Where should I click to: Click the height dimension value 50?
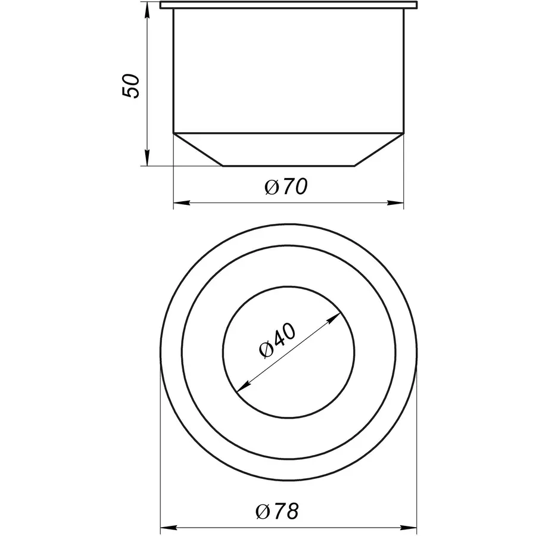(x=130, y=86)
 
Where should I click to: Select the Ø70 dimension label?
(x=285, y=188)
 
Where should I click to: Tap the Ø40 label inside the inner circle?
(x=278, y=342)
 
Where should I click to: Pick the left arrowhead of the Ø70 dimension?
(x=179, y=203)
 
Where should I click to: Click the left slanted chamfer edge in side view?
(x=198, y=149)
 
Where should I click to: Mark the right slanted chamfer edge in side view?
(x=379, y=149)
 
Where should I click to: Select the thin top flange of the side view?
(x=289, y=6)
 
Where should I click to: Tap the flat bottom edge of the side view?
(x=289, y=166)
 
